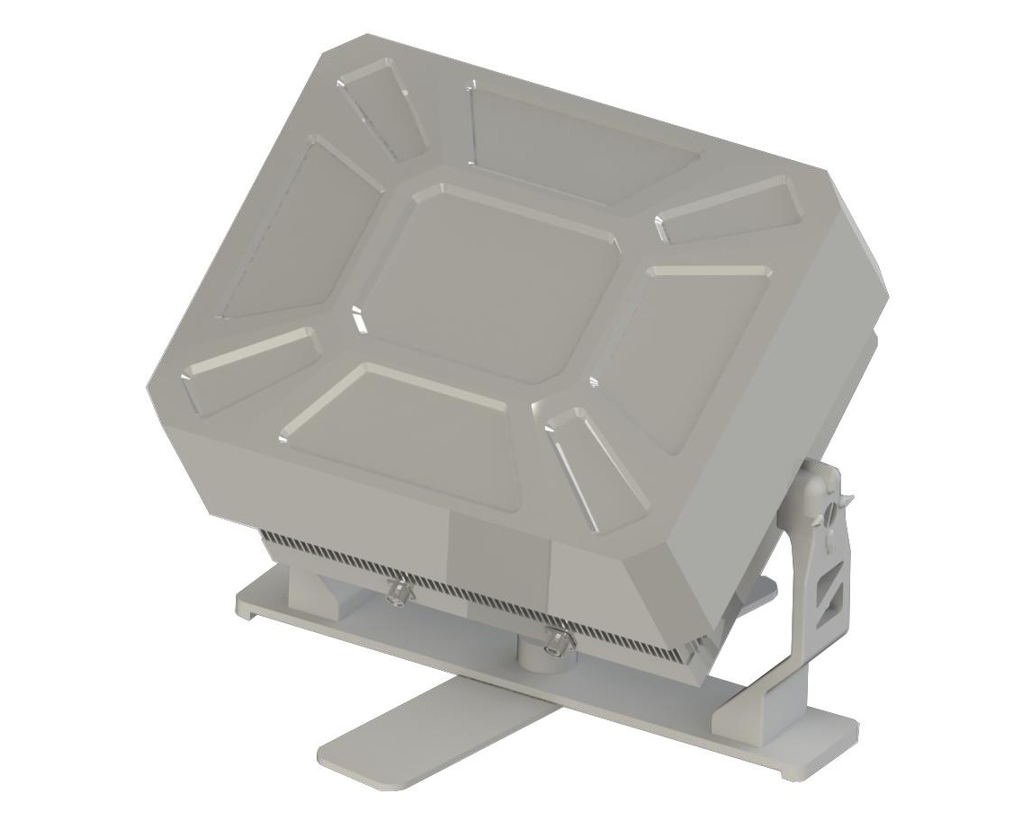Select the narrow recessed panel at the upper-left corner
point(383,108)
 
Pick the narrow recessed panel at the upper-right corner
point(733,209)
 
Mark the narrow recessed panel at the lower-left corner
point(252,369)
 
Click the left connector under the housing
point(396,592)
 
